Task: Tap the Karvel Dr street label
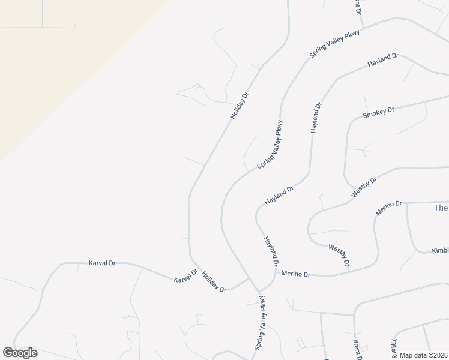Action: tap(185, 277)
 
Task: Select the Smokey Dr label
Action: tap(378, 113)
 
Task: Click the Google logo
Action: tap(20, 353)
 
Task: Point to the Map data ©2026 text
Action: tap(424, 355)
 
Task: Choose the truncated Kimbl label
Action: tap(440, 251)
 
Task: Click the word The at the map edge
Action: tap(441, 208)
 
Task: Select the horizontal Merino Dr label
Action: tap(296, 274)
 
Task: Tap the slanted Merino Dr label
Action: tap(388, 209)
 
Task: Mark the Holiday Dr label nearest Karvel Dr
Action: tap(214, 281)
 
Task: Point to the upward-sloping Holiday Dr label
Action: tap(238, 104)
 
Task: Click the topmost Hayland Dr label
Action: tap(383, 60)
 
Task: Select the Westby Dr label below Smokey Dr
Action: tap(364, 187)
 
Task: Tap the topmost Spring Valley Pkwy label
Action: tap(334, 43)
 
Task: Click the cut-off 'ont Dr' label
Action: tap(357, 7)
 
